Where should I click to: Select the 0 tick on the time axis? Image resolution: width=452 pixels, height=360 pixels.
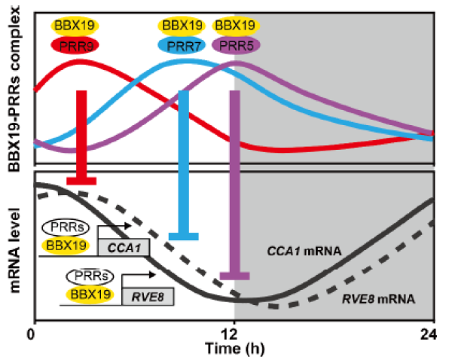coord(32,332)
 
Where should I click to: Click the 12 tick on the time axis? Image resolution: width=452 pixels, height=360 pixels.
coord(234,332)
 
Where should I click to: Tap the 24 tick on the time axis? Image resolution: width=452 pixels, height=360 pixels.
coord(432,332)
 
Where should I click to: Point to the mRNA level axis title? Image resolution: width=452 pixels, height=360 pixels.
coord(14,246)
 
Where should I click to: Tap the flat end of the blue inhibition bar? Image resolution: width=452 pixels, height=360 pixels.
coord(183,237)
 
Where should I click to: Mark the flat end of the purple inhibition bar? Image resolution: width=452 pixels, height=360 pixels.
coord(234,276)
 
